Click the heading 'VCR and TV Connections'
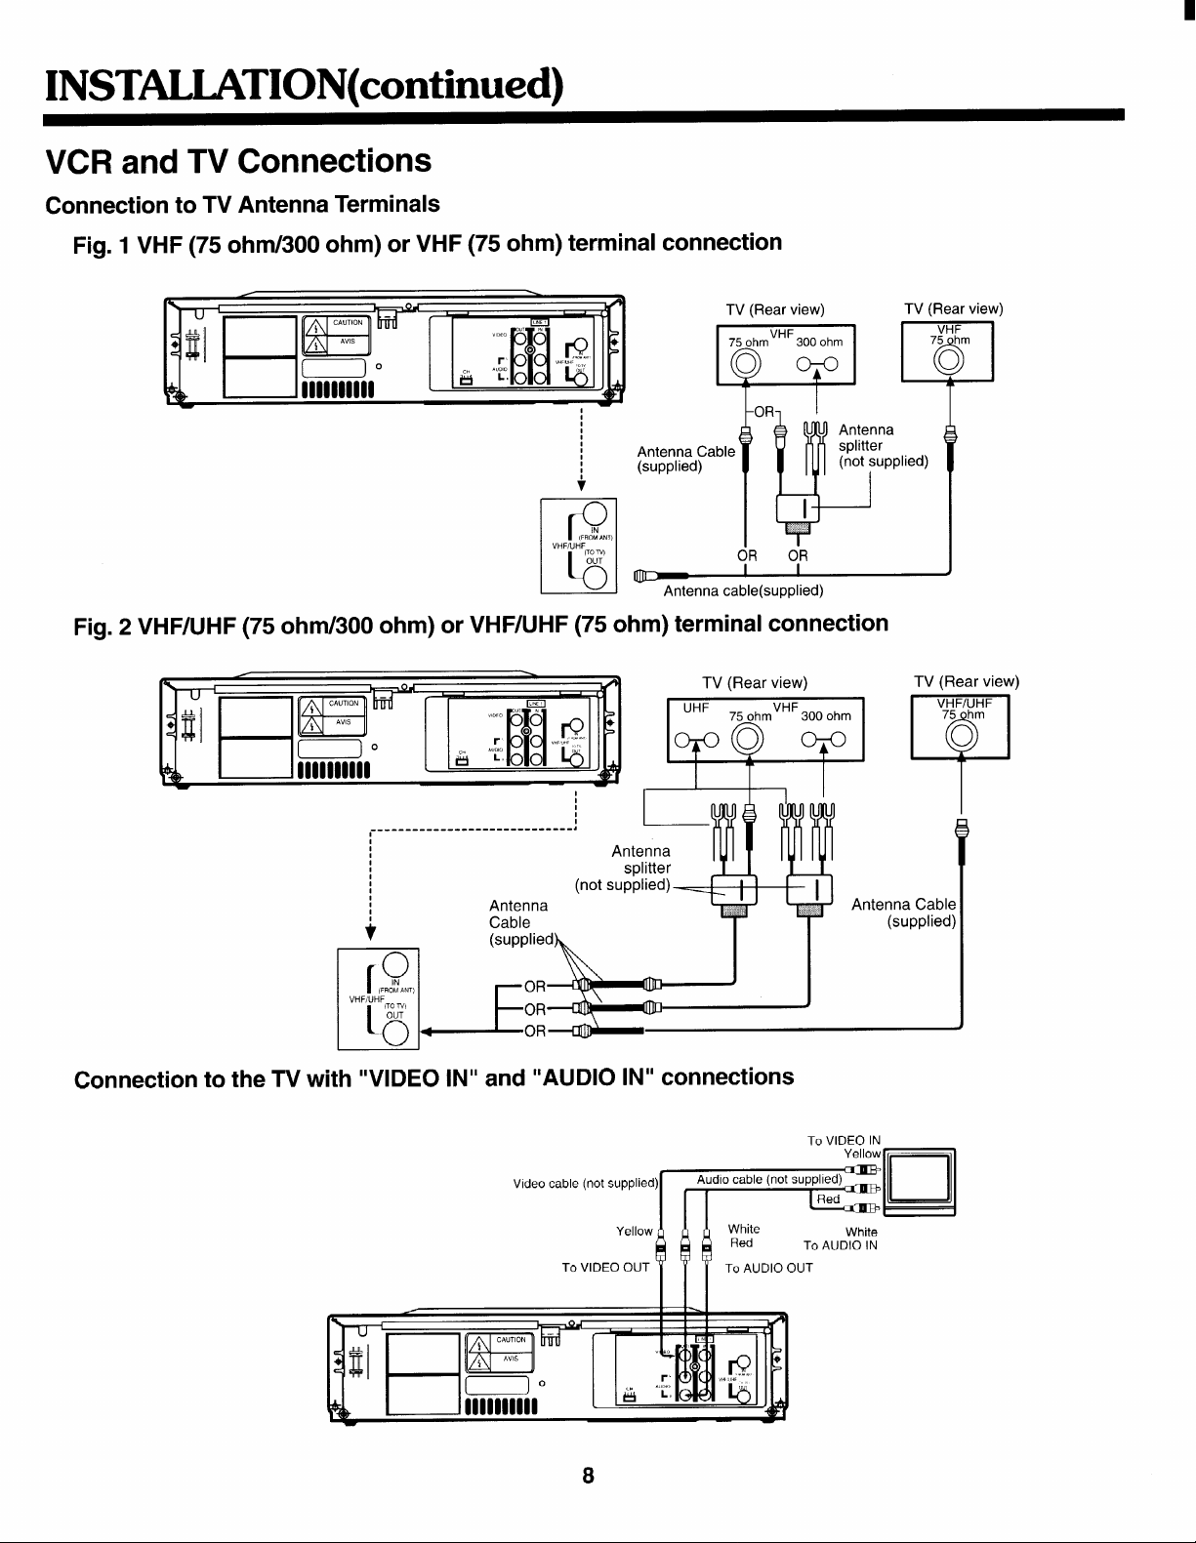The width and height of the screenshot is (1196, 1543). pyautogui.click(x=239, y=161)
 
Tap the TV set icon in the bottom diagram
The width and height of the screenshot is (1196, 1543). pyautogui.click(x=922, y=1182)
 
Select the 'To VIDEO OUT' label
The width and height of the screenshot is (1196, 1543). pyautogui.click(x=605, y=1268)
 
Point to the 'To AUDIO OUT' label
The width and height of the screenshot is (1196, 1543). pyautogui.click(x=768, y=1268)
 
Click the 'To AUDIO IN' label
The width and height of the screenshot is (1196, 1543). pyautogui.click(x=840, y=1245)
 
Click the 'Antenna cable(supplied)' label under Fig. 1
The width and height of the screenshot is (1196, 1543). pyautogui.click(x=743, y=590)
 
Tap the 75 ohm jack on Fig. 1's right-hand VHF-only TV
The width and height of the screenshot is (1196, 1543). pyautogui.click(x=948, y=361)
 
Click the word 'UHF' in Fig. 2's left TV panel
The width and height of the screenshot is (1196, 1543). pyautogui.click(x=695, y=707)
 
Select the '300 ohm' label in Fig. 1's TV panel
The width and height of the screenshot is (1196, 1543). pyautogui.click(x=819, y=342)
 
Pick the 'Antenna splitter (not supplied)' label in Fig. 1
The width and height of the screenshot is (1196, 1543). pyautogui.click(x=883, y=446)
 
